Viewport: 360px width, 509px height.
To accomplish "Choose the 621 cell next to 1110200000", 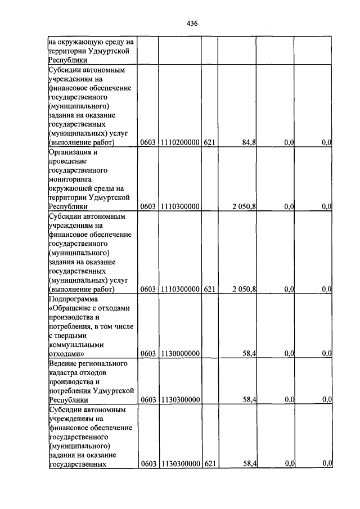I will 209,143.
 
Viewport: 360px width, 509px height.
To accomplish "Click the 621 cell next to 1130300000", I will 209,463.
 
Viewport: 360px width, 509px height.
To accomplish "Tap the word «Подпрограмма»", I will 73,299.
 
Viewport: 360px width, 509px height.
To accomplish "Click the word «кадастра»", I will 65,372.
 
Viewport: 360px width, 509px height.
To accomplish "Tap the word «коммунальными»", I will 76,345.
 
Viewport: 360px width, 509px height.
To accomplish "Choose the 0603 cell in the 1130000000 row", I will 148,353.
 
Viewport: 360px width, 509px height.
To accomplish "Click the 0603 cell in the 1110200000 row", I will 148,143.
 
